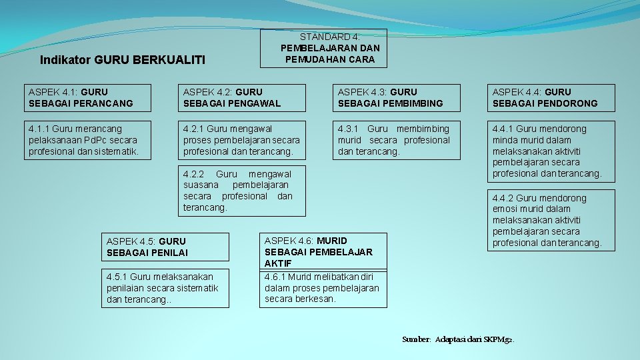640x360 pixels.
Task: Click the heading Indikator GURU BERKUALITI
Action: [122, 60]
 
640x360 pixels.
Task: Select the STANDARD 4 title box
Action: [323, 48]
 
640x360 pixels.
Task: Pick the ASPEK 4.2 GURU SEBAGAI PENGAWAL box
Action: [245, 97]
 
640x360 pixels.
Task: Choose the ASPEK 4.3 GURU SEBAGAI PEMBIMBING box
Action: [399, 97]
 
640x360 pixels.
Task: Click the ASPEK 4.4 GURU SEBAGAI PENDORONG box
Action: [553, 97]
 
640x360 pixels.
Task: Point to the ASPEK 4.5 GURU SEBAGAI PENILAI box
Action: [167, 247]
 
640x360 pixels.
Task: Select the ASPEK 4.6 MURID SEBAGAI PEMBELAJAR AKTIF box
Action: [323, 251]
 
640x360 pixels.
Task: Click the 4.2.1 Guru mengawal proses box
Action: [245, 140]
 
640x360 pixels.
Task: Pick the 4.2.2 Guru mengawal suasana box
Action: [245, 191]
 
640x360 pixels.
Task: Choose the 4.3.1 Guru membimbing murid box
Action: [399, 140]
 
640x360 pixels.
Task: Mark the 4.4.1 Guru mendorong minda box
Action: [553, 151]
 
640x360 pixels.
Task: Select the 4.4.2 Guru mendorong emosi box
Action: [553, 220]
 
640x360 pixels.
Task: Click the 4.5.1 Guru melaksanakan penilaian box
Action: [167, 288]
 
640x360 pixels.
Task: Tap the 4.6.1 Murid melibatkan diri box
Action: [323, 288]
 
